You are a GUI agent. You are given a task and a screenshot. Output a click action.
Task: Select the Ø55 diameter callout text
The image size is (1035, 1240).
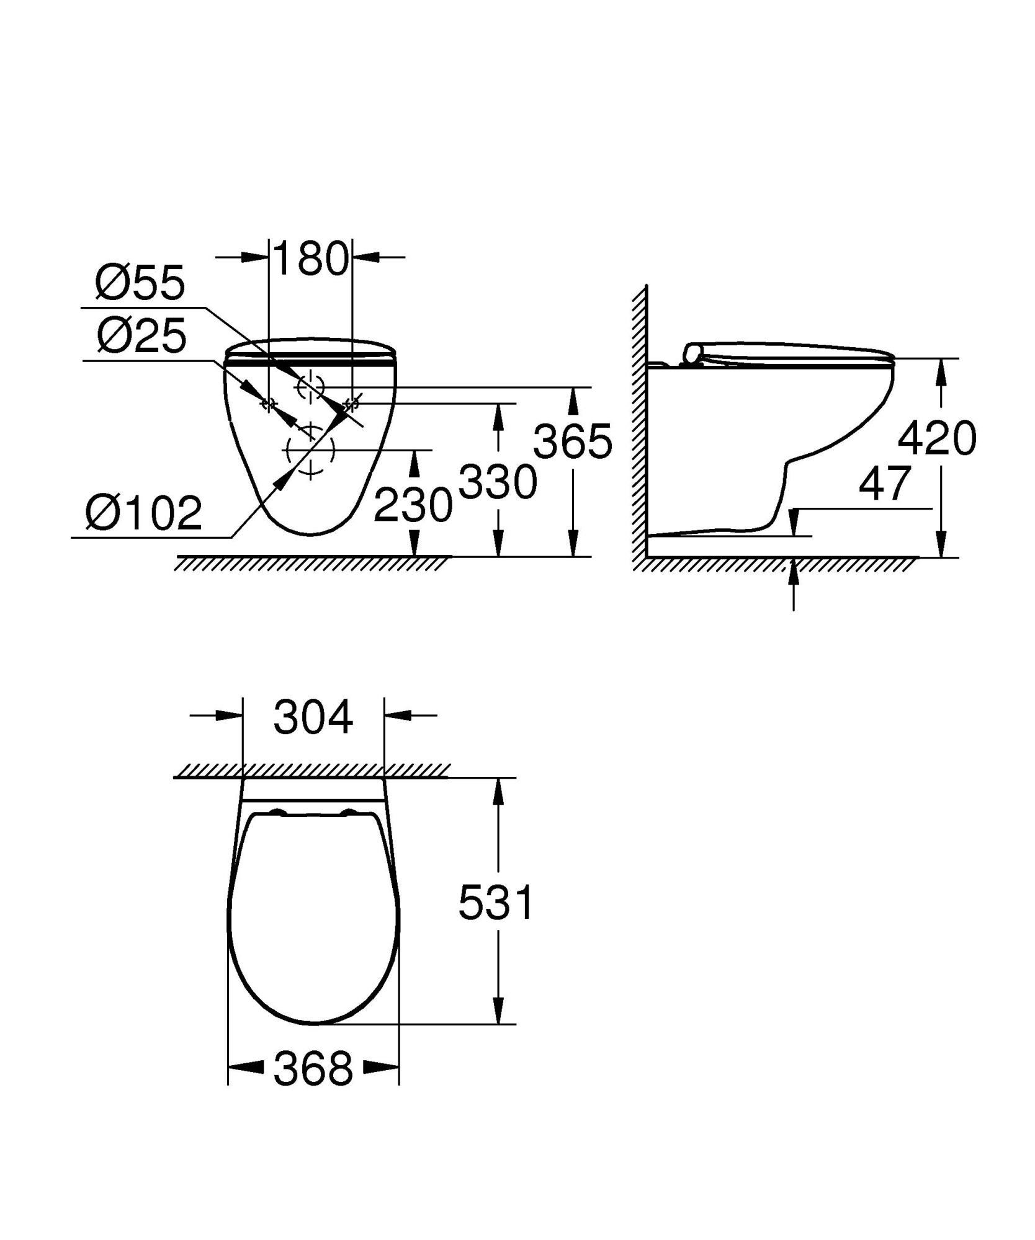[x=140, y=283]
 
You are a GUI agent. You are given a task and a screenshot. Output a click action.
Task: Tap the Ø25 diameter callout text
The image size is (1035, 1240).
[x=141, y=336]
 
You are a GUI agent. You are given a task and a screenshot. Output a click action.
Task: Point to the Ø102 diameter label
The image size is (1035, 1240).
[x=144, y=513]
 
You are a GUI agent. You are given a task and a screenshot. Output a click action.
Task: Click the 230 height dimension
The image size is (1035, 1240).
[x=413, y=505]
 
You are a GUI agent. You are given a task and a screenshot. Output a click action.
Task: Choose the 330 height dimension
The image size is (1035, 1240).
[x=498, y=482]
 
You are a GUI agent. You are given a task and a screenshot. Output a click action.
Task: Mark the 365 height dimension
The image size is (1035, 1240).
[x=573, y=442]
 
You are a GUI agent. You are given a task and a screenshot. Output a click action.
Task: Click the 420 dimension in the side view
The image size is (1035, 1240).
[x=937, y=438]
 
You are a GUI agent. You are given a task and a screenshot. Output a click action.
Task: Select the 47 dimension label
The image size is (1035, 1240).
[x=885, y=484]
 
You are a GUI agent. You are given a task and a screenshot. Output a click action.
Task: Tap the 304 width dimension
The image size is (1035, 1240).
[x=313, y=717]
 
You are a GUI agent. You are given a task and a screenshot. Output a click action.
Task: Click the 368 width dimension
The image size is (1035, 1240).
[x=313, y=1068]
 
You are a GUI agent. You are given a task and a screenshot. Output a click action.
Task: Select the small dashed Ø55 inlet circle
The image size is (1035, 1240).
[x=310, y=387]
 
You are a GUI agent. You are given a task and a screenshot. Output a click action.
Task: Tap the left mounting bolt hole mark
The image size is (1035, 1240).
[x=268, y=404]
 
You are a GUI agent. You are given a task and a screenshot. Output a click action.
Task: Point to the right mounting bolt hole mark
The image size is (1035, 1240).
[x=352, y=404]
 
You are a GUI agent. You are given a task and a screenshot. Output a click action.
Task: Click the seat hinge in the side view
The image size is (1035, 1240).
[x=692, y=353]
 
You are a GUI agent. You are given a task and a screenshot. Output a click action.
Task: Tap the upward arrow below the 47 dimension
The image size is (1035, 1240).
[x=794, y=580]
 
